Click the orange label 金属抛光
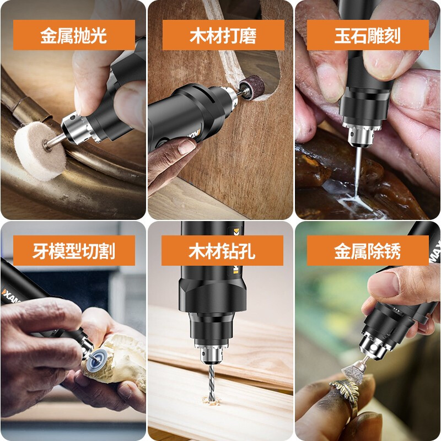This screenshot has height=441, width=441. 73,35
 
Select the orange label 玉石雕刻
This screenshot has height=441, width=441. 368,35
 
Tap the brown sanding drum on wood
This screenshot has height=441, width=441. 254,89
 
